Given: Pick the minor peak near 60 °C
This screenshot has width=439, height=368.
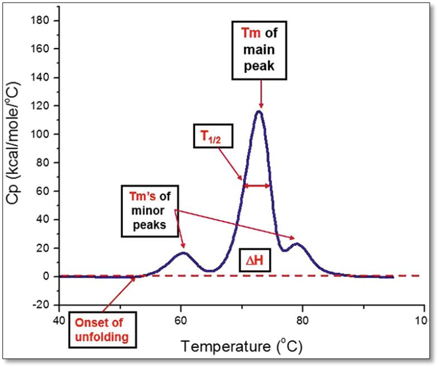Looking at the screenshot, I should click(183, 252).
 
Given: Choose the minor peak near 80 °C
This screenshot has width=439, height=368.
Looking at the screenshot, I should click(296, 244).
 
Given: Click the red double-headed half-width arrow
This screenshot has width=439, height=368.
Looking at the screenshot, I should click(257, 185).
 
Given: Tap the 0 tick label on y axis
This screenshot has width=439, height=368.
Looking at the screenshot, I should click(49, 276).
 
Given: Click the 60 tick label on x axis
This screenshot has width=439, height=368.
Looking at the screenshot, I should click(181, 319).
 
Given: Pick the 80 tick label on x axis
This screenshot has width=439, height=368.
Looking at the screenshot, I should click(302, 319).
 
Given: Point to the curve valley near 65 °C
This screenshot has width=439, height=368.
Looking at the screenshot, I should click(210, 271).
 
